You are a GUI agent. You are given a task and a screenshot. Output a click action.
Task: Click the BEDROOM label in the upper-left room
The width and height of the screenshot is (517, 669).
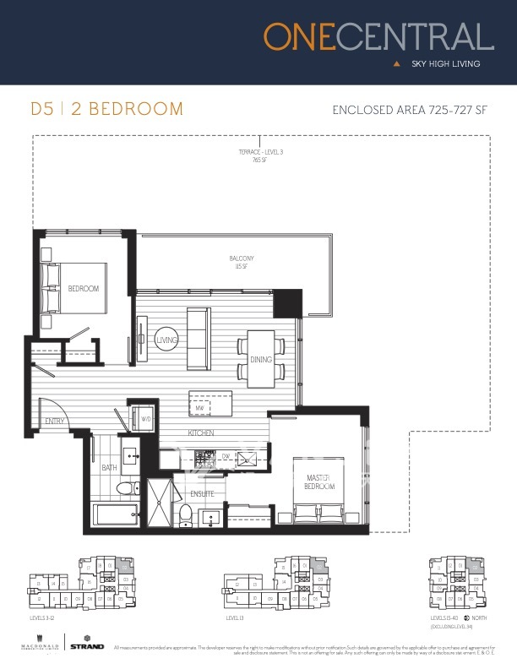point(84,289)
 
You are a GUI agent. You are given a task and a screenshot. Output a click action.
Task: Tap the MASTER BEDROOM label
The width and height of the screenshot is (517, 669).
point(319,482)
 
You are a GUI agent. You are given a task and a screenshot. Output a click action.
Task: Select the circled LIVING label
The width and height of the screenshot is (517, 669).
point(166,340)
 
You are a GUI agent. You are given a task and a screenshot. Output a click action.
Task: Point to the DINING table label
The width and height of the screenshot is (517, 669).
point(261,360)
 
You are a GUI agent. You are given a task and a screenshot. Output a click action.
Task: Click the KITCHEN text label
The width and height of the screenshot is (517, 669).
point(200,433)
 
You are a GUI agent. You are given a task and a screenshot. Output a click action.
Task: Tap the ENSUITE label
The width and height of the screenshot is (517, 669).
point(201,492)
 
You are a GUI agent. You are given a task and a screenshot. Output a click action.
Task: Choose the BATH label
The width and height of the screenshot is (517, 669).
point(109,467)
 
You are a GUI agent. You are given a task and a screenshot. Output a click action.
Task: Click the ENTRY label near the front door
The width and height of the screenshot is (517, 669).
point(55,421)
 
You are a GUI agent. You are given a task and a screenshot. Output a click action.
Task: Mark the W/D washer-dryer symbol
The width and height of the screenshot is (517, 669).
point(145,418)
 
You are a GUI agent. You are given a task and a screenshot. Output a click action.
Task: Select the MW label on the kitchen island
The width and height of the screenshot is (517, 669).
point(200,409)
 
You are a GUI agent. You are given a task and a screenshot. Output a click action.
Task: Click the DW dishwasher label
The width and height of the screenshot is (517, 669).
point(226,457)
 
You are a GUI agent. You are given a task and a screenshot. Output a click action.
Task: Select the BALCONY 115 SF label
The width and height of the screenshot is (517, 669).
point(241,262)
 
